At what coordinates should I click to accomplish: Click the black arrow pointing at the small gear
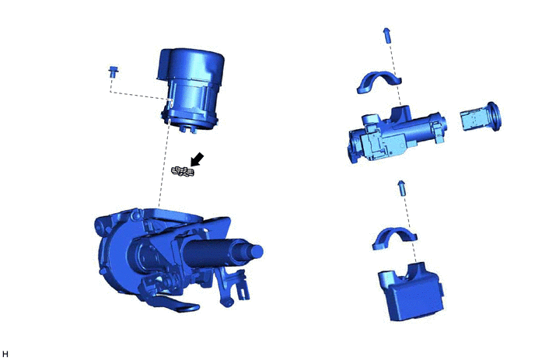click(x=198, y=159)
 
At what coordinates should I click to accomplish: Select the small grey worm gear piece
click(x=183, y=172)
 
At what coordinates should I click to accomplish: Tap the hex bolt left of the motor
click(x=114, y=72)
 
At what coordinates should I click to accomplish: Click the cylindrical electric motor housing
click(x=191, y=90)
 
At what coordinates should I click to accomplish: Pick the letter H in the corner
click(x=5, y=355)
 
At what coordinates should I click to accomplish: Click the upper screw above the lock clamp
click(x=387, y=35)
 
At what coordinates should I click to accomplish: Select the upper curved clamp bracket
click(x=379, y=82)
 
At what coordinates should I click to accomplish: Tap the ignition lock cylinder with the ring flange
click(x=481, y=117)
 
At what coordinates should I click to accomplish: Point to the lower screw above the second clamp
click(x=402, y=188)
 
